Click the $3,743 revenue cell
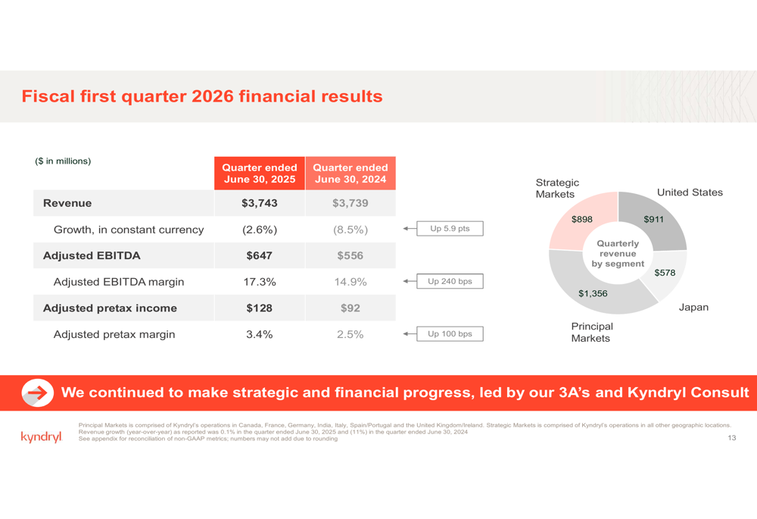(259, 203)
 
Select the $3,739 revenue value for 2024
(350, 203)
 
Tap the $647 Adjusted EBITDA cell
(259, 255)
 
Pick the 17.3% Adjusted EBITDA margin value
(259, 282)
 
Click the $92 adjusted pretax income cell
(350, 308)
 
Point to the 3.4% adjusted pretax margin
(259, 334)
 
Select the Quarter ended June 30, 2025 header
(259, 173)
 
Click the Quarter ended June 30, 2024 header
(350, 173)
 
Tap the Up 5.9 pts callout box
(450, 229)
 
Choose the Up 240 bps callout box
(450, 281)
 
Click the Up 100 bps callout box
(450, 334)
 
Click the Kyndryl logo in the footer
(42, 437)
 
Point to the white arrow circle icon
(38, 393)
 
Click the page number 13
(732, 438)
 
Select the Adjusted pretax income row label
(110, 308)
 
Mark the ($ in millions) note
(63, 161)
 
